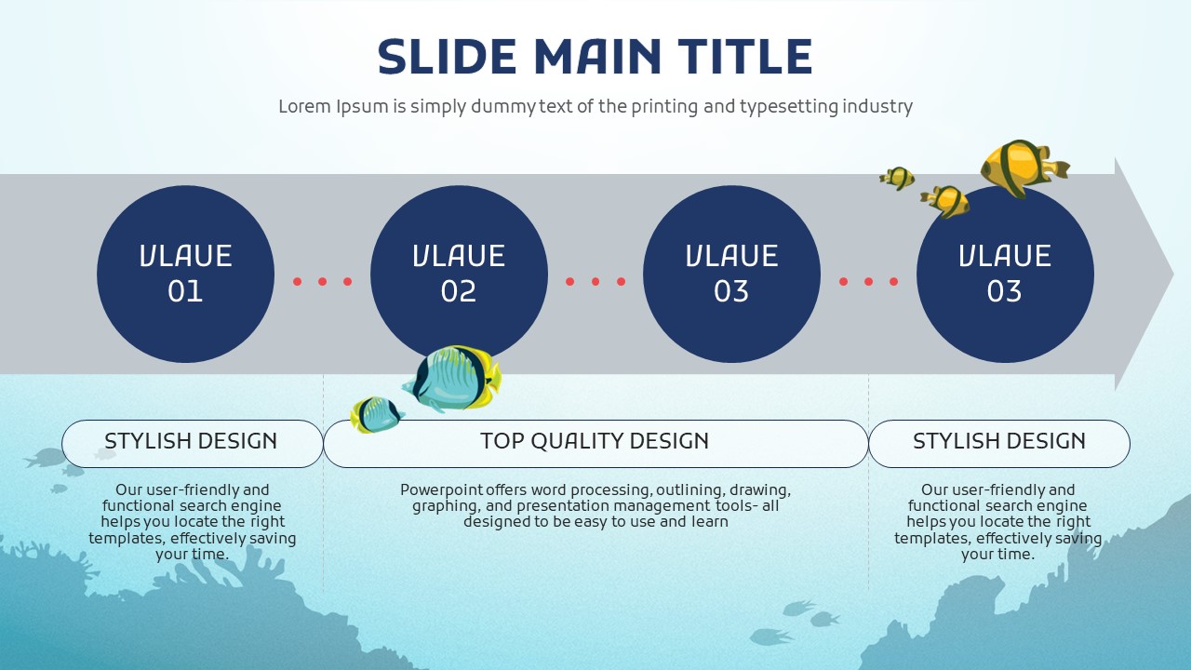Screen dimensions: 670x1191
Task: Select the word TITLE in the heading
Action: tap(744, 57)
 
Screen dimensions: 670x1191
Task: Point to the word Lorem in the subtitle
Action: tap(304, 106)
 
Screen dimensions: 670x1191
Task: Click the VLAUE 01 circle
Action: tap(185, 274)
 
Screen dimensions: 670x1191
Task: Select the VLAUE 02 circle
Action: tap(459, 274)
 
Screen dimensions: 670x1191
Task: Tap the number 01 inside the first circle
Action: tap(185, 292)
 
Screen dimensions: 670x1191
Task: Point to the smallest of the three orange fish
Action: tap(898, 178)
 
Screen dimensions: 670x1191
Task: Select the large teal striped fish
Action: tap(454, 379)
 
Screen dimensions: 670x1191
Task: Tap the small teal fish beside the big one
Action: tap(376, 414)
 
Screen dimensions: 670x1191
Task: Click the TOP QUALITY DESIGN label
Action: tap(595, 442)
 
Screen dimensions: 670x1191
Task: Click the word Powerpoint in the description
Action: tap(437, 490)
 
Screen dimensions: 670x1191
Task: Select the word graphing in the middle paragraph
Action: tap(443, 506)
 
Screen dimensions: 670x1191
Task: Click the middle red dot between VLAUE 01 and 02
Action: tap(322, 281)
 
